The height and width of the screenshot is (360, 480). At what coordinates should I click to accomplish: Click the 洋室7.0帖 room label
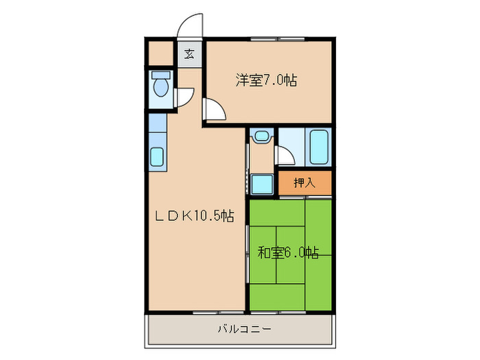coord(267,81)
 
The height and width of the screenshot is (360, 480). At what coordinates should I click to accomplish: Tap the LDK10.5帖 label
coord(194,216)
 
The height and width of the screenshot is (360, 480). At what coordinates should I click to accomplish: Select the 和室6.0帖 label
coord(288,252)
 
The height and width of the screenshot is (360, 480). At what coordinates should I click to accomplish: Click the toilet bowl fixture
coord(161,87)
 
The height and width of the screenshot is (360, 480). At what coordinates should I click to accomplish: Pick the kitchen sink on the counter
coord(157,159)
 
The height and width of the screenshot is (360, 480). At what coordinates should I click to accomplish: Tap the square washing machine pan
coord(261,184)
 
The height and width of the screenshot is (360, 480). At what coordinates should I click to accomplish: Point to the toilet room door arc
coord(184,98)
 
